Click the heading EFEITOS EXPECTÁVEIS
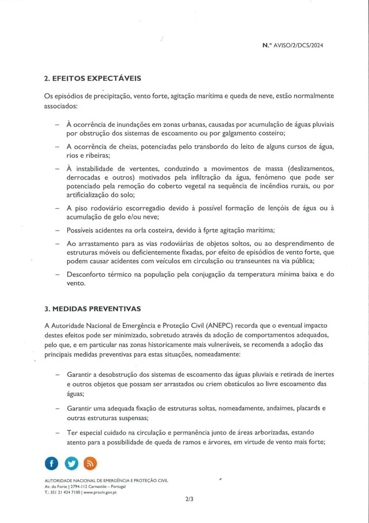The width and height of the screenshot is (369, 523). (x=96, y=78)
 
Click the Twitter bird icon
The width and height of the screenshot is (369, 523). (x=71, y=463)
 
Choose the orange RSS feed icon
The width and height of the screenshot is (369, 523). (x=90, y=463)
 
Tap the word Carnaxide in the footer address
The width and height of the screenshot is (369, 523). (x=94, y=487)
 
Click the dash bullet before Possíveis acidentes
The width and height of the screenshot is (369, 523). (x=57, y=230)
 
